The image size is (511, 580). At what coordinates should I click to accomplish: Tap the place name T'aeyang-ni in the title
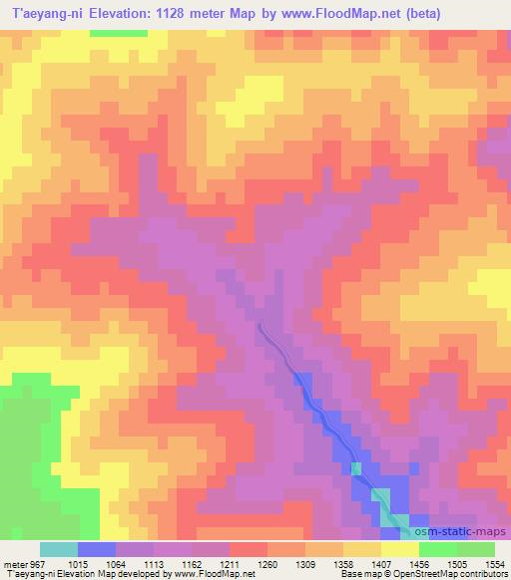point(43,14)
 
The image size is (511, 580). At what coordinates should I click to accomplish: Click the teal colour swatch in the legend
point(58,548)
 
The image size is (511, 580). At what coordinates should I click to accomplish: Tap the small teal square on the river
point(356,467)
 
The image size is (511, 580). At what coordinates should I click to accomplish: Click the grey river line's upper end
point(261,324)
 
